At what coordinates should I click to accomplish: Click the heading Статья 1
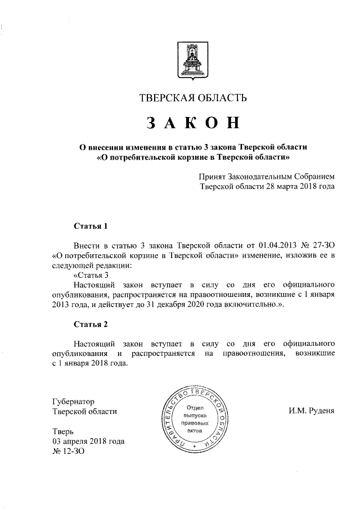(x=91, y=227)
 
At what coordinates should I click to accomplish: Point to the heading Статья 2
(x=91, y=324)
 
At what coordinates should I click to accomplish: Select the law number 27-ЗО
(x=323, y=246)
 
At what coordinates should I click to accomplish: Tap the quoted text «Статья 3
(x=91, y=275)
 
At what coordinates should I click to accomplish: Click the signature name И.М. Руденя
(x=311, y=411)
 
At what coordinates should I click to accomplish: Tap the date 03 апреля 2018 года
(x=88, y=442)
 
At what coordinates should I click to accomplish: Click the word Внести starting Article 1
(x=87, y=246)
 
